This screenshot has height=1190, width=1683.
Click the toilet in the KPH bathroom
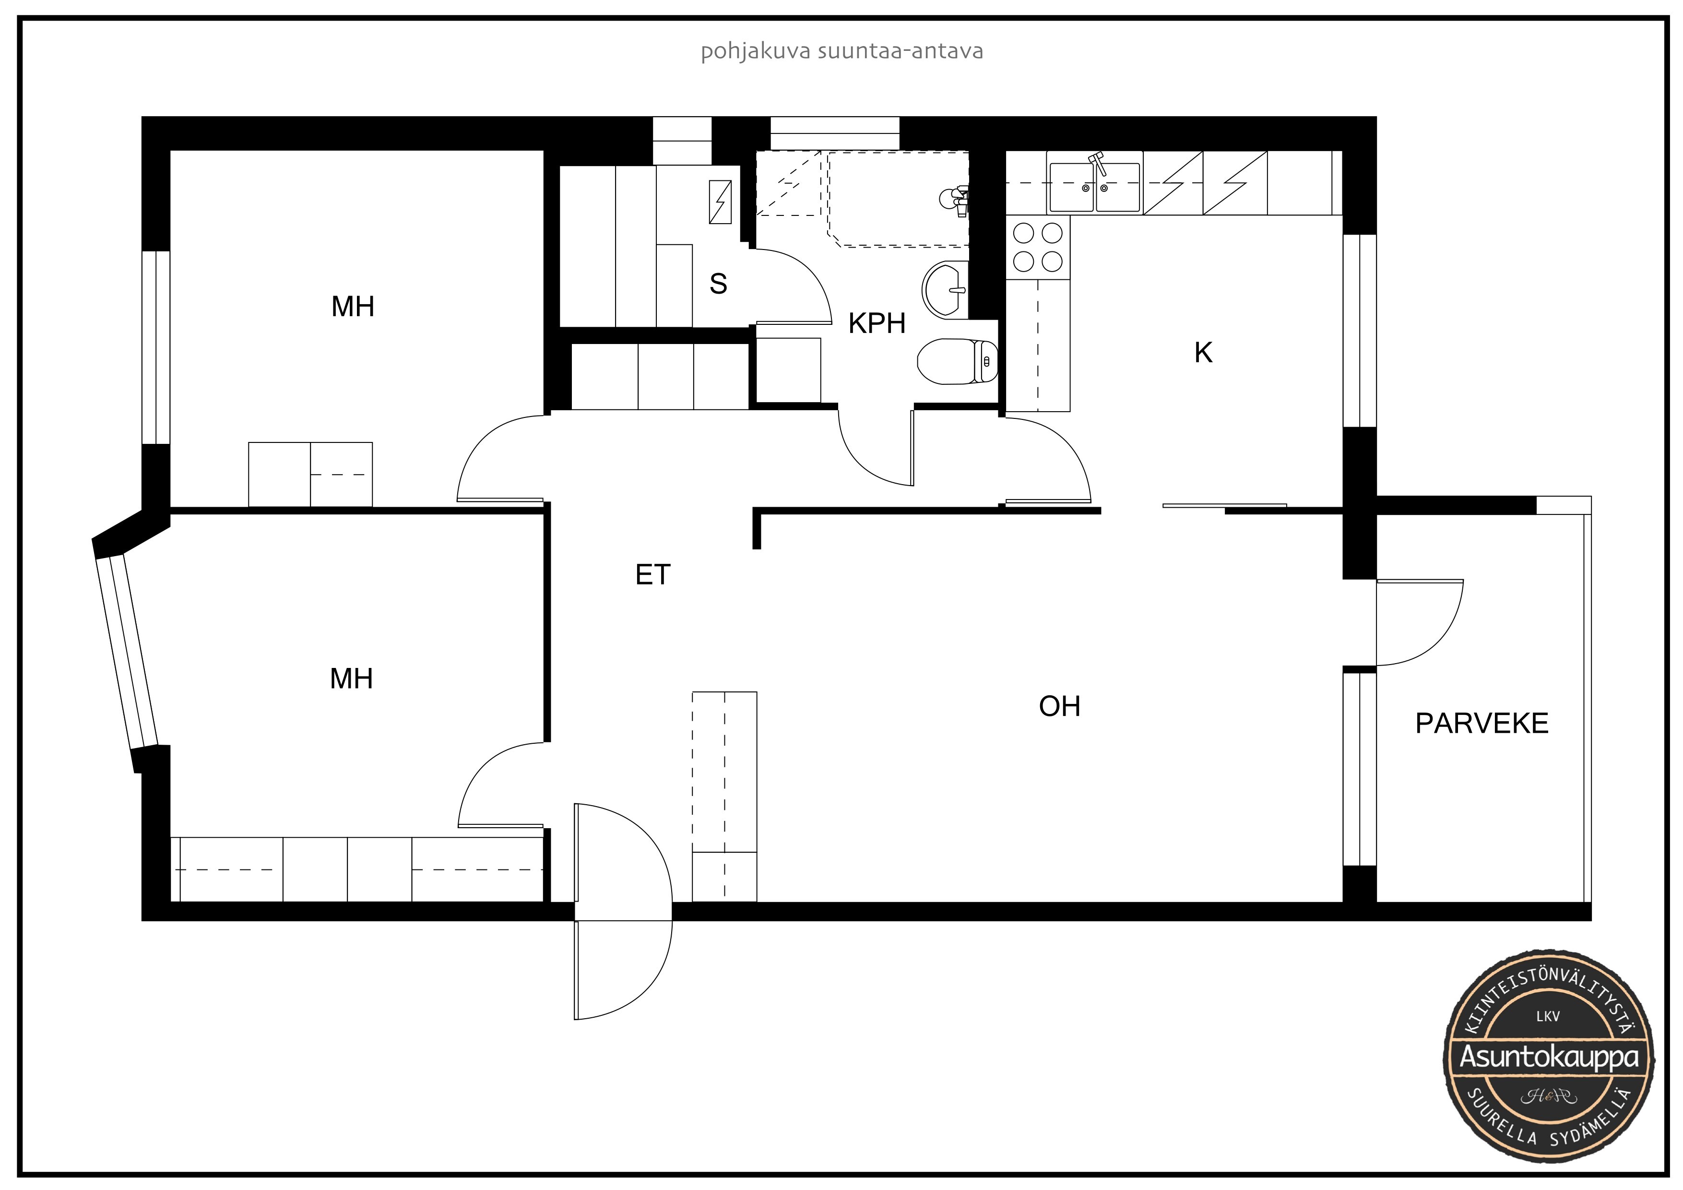[957, 361]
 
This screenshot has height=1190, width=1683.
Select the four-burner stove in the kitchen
[1037, 247]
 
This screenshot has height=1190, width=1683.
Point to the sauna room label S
[718, 284]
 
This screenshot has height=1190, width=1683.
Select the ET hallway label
[652, 575]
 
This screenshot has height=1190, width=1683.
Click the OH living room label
[1059, 706]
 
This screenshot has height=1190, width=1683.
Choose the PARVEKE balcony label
[1482, 724]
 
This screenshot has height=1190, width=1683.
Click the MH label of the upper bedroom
[353, 307]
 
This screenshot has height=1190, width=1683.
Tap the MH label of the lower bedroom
[351, 679]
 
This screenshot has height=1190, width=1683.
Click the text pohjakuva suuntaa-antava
[841, 51]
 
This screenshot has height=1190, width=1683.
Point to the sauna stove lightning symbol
[720, 202]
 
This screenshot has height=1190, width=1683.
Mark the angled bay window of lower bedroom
[126, 652]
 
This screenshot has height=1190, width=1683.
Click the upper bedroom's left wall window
[155, 347]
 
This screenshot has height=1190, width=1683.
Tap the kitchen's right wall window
[1359, 331]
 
